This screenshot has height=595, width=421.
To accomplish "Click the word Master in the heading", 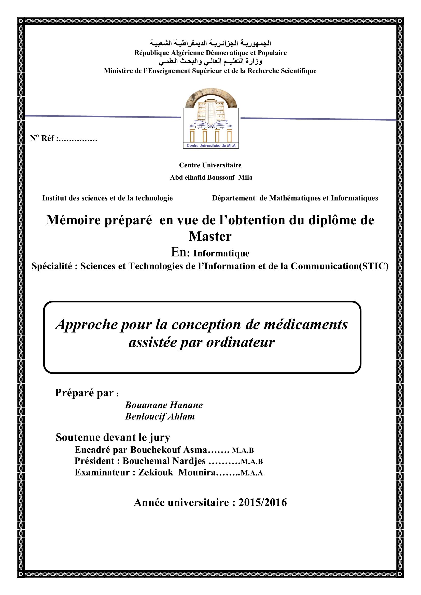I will tap(210, 236).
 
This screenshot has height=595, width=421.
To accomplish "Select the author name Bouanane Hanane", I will tap(164, 405).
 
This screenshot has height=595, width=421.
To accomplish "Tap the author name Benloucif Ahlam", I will tap(160, 416).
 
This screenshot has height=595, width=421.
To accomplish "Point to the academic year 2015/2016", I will tap(263, 502).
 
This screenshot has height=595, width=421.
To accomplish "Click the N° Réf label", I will tap(43, 138).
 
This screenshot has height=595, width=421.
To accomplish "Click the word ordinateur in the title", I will tap(240, 342).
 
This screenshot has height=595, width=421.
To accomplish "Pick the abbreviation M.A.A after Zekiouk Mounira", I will tap(252, 473).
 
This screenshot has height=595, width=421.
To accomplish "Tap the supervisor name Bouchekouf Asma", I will tap(169, 450).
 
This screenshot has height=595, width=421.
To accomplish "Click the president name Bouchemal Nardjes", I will tap(164, 461).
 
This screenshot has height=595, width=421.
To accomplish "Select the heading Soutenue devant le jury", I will tap(113, 438).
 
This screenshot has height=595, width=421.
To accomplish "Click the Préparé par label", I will tap(85, 393).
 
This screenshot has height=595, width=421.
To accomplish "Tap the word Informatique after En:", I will tap(221, 253).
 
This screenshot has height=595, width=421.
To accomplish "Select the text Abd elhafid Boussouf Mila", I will tap(211, 178).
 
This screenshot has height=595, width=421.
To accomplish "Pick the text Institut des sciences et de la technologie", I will tap(108, 198).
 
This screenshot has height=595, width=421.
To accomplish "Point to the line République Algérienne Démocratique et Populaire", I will tap(210, 53).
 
